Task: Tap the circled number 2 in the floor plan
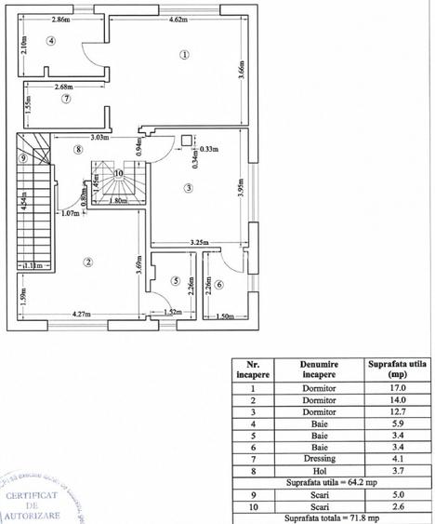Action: pos(87,262)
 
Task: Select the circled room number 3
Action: pos(188,189)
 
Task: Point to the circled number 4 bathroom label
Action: pos(52,41)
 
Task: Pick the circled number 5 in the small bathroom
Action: pos(175,280)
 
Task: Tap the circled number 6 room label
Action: pos(219,284)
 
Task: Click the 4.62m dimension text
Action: pos(179,20)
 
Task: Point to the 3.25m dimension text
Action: pos(198,242)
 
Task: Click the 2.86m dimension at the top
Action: pos(61,20)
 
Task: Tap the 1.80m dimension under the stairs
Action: pos(118,201)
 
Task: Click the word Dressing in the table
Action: pos(317,458)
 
